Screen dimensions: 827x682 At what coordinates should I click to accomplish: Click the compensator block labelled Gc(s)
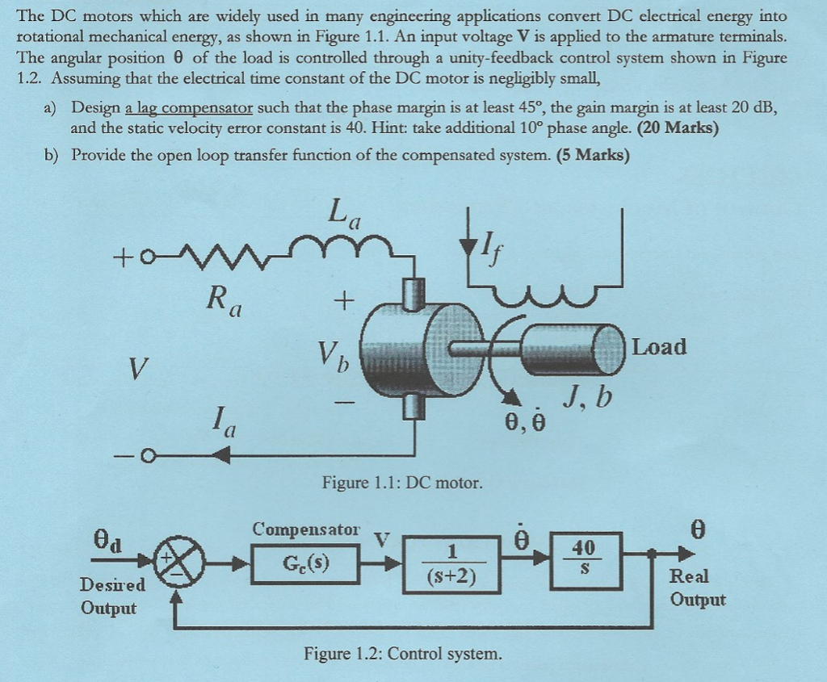tap(305, 564)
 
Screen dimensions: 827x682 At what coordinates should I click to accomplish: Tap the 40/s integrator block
tap(586, 561)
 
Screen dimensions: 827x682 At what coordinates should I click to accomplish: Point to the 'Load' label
tap(659, 347)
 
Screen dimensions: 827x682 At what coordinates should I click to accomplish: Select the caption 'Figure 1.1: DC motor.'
tap(402, 483)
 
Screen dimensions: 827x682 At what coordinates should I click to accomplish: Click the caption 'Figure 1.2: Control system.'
tap(403, 654)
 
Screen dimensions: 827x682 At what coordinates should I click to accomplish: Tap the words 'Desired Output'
tap(112, 596)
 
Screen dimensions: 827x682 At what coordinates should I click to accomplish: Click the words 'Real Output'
tap(697, 588)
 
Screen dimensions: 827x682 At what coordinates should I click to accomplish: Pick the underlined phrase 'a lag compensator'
tap(189, 109)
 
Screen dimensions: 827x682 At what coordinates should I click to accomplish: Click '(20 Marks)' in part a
tap(678, 128)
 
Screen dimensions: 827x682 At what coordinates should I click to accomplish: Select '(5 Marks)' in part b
tap(593, 156)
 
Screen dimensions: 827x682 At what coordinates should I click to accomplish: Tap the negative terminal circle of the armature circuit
tap(149, 454)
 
